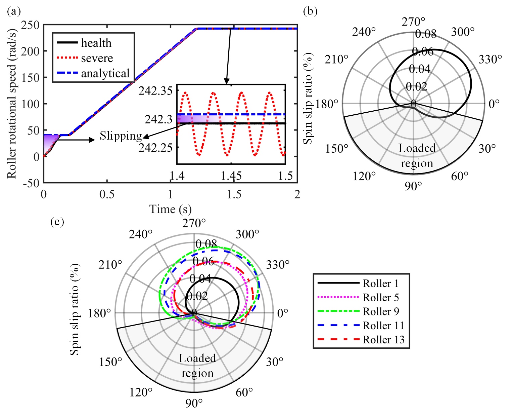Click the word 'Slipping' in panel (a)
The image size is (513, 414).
121,136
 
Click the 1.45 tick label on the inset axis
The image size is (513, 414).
231,176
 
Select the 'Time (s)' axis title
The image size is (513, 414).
170,209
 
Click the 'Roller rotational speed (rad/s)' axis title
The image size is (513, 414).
12,104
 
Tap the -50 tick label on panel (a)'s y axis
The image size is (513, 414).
31,183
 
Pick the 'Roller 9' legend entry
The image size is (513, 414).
381,311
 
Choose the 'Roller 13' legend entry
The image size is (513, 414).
383,340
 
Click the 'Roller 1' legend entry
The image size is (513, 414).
381,284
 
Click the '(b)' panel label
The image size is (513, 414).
310,11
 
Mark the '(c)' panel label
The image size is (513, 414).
57,222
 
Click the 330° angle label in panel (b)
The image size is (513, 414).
490,60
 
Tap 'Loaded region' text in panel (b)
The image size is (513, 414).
417,156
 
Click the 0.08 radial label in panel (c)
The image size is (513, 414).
206,244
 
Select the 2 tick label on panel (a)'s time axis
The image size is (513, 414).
297,194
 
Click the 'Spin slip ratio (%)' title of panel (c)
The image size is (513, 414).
75,309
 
